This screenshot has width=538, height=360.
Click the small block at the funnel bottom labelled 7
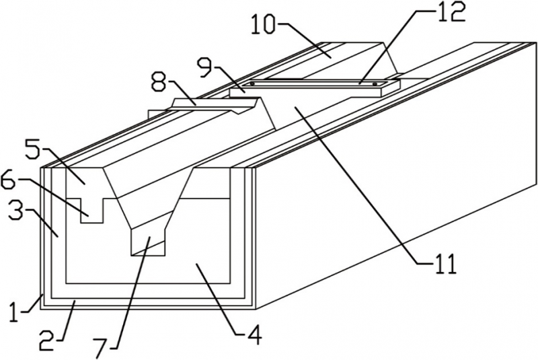[x=148, y=246]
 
